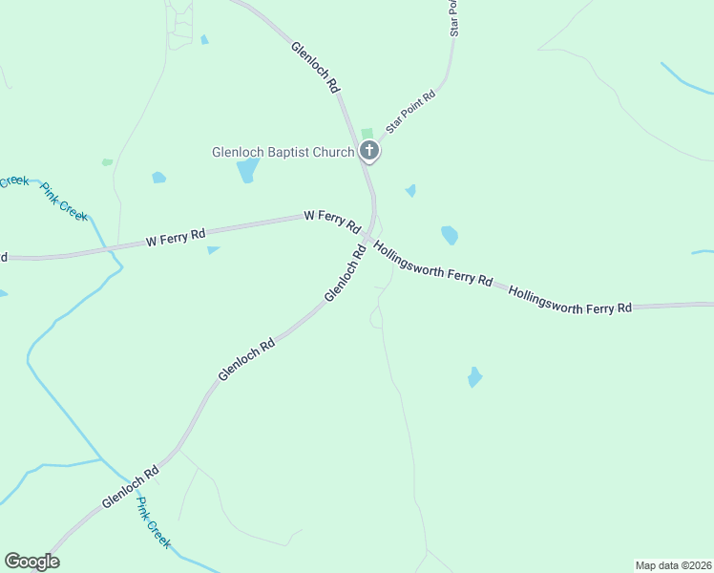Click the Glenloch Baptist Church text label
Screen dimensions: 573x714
pyautogui.click(x=282, y=152)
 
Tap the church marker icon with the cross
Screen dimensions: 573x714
pyautogui.click(x=368, y=151)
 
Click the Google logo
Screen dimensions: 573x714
pyautogui.click(x=31, y=562)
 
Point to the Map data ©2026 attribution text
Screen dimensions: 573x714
pyautogui.click(x=673, y=564)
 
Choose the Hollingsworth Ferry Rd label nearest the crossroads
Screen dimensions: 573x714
pyautogui.click(x=433, y=265)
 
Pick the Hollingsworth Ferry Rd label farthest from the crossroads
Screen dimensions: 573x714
pyautogui.click(x=570, y=297)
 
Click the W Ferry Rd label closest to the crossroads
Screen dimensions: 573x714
pyautogui.click(x=331, y=223)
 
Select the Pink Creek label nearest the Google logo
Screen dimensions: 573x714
pyautogui.click(x=153, y=521)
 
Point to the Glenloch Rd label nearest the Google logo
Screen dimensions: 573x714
pyautogui.click(x=130, y=487)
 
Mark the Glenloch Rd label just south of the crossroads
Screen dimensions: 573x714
pyautogui.click(x=346, y=274)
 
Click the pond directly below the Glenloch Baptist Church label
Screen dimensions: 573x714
pyautogui.click(x=247, y=170)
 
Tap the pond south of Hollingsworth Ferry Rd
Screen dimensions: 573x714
pyautogui.click(x=474, y=376)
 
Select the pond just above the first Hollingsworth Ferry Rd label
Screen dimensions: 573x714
pyautogui.click(x=449, y=235)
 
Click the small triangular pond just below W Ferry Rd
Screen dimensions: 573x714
pyautogui.click(x=212, y=250)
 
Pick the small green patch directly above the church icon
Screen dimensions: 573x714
pyautogui.click(x=367, y=133)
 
